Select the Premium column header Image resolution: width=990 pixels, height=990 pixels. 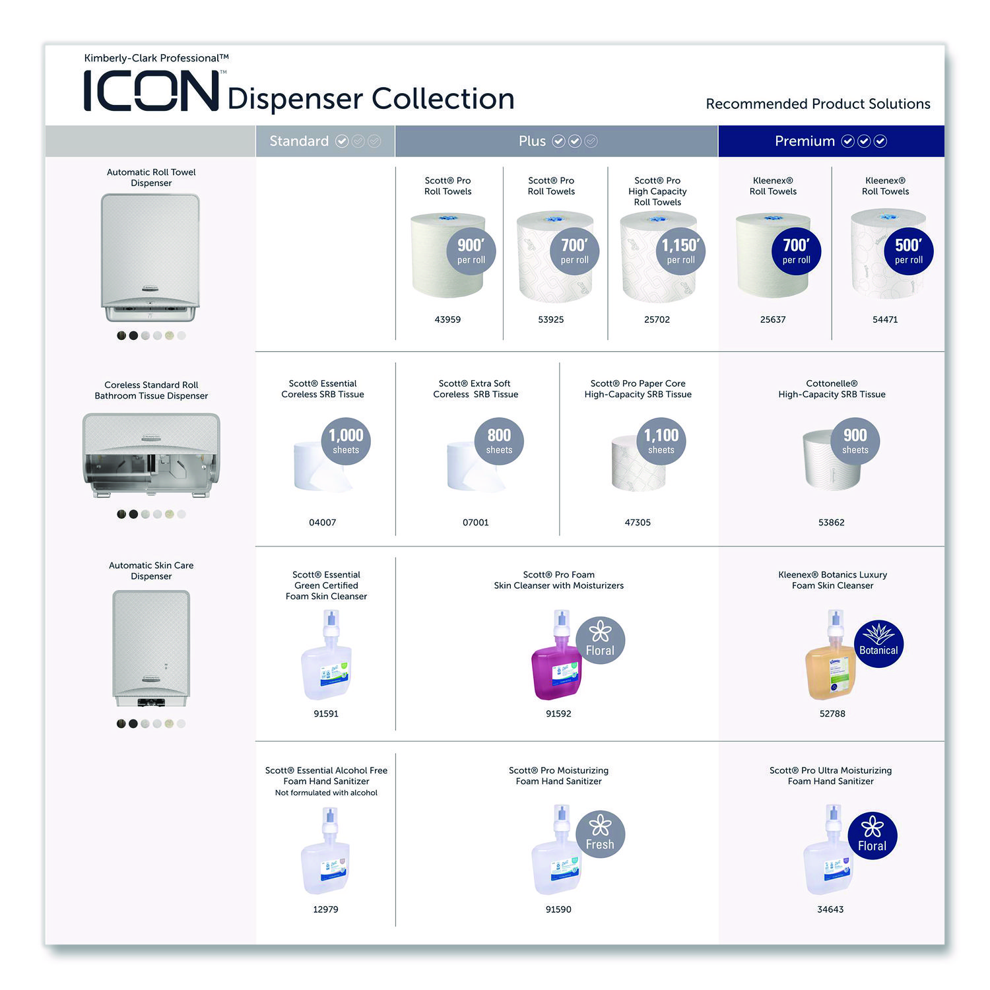tap(830, 141)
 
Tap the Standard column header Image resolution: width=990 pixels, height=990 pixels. tap(325, 141)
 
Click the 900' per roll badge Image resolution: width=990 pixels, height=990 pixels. tap(471, 251)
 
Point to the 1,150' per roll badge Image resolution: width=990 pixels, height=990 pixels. tap(680, 251)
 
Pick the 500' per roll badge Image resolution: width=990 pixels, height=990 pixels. tap(908, 251)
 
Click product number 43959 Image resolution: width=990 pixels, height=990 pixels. tap(447, 319)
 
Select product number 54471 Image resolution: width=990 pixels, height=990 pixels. tap(885, 319)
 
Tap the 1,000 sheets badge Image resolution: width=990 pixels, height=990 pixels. tap(346, 441)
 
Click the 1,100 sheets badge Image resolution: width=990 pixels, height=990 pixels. tap(661, 441)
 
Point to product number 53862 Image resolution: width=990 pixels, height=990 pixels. tap(831, 522)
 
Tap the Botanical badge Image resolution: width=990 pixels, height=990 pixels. tap(878, 643)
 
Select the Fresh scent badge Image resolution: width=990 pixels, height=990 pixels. tap(600, 834)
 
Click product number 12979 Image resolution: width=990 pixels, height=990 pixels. tap(325, 909)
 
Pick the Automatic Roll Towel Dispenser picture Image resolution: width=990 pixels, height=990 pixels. tap(150, 257)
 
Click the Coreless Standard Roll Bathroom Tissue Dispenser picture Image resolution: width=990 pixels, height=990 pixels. tap(151, 455)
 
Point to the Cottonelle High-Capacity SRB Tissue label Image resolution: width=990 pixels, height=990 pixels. tap(832, 389)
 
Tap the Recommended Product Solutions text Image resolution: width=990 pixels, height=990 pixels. tap(818, 104)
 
